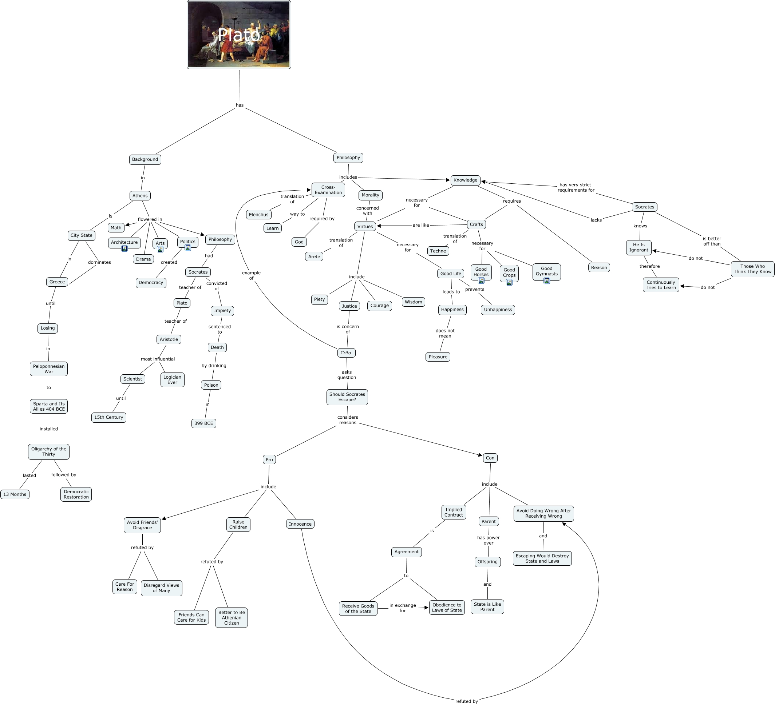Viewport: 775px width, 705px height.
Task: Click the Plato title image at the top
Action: (x=239, y=35)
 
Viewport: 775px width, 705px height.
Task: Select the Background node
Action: (x=145, y=159)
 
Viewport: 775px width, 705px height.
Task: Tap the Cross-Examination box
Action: (x=328, y=190)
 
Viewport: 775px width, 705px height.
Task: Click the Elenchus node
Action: (x=258, y=214)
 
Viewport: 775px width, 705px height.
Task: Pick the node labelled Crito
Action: (x=345, y=353)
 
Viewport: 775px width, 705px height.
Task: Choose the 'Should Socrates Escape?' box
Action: (x=347, y=397)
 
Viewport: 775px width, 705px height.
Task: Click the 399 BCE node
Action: (x=203, y=423)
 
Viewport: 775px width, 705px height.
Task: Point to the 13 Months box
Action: (x=15, y=494)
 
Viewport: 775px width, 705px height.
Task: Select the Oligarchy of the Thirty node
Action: (x=49, y=451)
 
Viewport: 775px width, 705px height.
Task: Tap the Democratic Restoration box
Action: (x=76, y=494)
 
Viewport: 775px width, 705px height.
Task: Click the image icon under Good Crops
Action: (x=509, y=282)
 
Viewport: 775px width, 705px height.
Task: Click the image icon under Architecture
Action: (x=124, y=248)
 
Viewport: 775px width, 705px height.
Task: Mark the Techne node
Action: (x=438, y=251)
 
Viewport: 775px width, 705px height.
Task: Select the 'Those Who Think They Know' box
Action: (x=752, y=269)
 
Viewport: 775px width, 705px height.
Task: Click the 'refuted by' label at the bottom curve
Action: (x=466, y=701)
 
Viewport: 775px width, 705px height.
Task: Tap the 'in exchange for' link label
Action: (x=403, y=608)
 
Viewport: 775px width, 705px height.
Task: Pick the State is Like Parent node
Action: (x=487, y=607)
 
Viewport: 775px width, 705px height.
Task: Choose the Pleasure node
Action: (x=438, y=357)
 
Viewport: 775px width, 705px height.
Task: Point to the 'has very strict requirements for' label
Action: (x=576, y=187)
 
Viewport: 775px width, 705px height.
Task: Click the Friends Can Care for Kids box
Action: (x=191, y=617)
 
